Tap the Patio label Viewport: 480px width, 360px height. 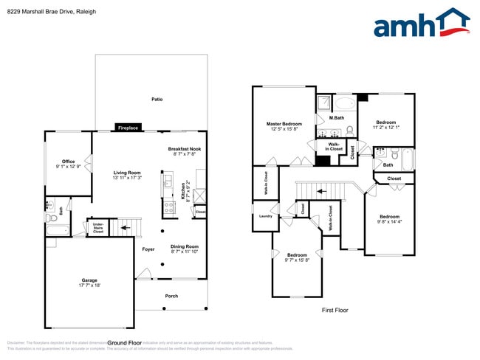point(157,99)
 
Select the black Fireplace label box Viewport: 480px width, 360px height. point(128,128)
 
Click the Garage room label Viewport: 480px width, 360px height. point(89,280)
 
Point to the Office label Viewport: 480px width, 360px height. point(68,162)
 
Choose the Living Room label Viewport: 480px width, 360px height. point(127,173)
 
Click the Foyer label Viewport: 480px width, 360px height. point(148,249)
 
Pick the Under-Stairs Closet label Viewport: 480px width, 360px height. point(97,227)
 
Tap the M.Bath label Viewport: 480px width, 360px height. point(337,118)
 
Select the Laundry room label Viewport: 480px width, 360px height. point(266,216)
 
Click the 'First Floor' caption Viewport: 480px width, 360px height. point(335,310)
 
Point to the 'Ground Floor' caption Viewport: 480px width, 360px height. point(125,343)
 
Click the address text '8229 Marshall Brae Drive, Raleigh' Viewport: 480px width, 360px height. point(41,12)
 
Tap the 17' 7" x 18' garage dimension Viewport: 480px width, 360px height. point(89,285)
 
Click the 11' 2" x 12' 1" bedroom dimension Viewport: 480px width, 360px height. point(385,128)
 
